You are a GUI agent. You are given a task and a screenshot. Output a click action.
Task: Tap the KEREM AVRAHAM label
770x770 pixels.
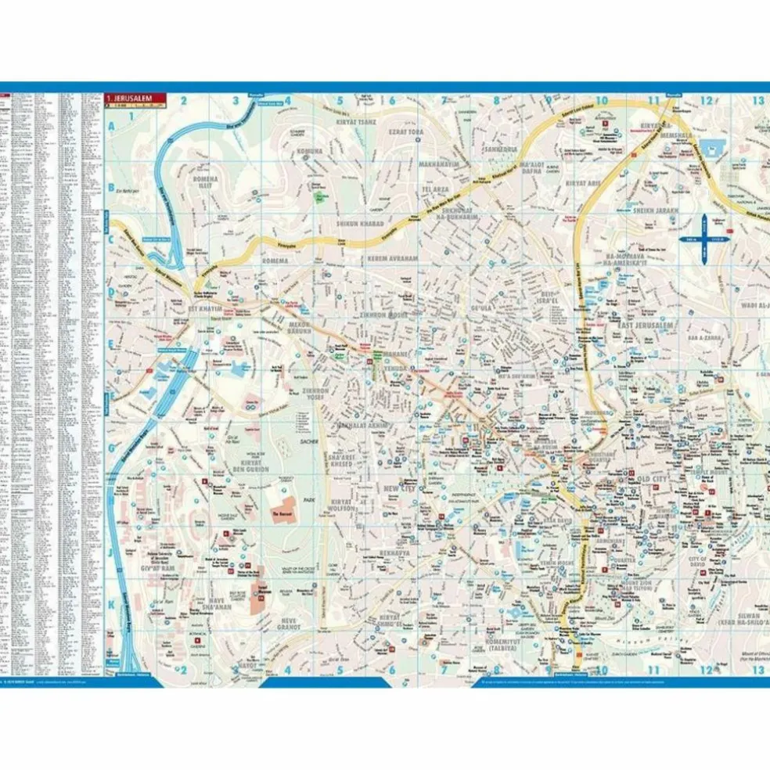click(395, 258)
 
